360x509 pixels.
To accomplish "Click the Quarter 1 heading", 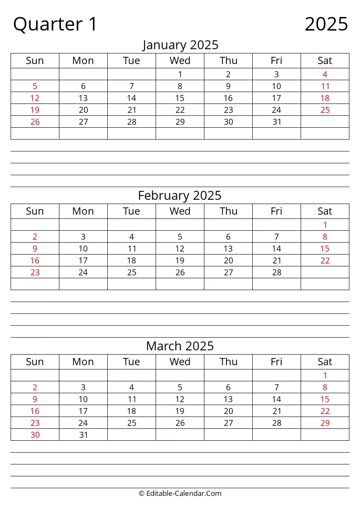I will click(x=55, y=24).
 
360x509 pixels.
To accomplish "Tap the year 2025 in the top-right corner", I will click(x=326, y=24).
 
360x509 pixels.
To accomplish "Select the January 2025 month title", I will click(x=180, y=45).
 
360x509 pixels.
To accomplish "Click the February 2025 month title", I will click(x=180, y=196).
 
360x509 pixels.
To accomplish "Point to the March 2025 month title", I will click(x=180, y=346).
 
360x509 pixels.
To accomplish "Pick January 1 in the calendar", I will click(x=180, y=75).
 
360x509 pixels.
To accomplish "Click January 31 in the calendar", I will click(x=277, y=122).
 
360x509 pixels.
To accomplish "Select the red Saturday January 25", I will click(x=325, y=110).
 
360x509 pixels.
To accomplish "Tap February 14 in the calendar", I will click(x=277, y=249).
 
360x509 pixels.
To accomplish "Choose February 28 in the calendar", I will click(x=277, y=273).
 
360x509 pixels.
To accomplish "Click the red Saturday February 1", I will click(x=325, y=225).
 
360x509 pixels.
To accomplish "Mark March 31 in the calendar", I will click(x=84, y=435).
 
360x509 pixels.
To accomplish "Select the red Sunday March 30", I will click(x=35, y=435).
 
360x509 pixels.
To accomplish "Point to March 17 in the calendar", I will click(x=84, y=411).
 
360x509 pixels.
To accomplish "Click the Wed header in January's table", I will click(x=180, y=61).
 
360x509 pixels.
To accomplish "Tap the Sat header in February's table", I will click(x=325, y=211).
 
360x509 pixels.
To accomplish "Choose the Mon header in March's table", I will click(x=83, y=362).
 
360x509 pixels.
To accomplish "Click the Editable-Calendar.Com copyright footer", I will click(x=180, y=493).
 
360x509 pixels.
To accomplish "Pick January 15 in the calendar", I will click(x=180, y=98).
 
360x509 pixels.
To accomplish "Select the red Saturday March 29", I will click(x=325, y=423).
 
